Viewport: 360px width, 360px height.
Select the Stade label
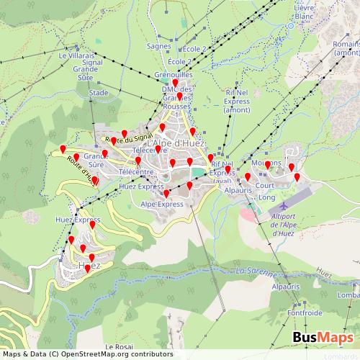pyautogui.click(x=98, y=93)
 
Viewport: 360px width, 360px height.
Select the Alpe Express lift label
pyautogui.click(x=162, y=204)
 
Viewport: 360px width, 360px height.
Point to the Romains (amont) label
pyautogui.click(x=346, y=48)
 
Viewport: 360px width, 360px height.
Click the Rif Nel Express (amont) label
pyautogui.click(x=237, y=102)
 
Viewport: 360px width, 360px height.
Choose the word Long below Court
pyautogui.click(x=266, y=197)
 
